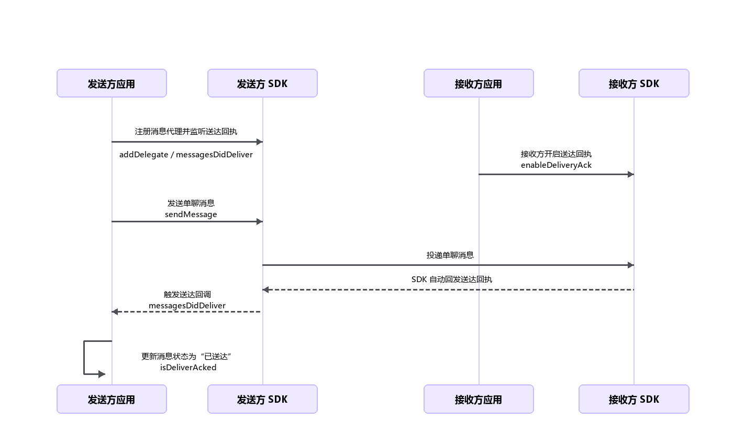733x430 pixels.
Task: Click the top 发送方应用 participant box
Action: click(x=112, y=83)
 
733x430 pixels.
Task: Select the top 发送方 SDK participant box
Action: click(x=262, y=83)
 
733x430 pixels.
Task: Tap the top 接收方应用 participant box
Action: click(x=479, y=83)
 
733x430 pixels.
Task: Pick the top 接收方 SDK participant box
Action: click(x=634, y=83)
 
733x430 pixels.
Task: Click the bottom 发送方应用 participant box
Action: click(x=112, y=399)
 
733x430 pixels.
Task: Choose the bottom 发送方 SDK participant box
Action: click(x=262, y=399)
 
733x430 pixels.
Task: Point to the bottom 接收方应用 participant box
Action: click(x=479, y=399)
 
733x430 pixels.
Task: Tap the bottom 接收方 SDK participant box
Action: click(x=634, y=399)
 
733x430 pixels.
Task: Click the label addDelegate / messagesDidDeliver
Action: click(x=186, y=155)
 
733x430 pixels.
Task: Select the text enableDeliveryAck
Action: click(x=556, y=165)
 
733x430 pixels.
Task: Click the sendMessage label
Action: click(x=191, y=214)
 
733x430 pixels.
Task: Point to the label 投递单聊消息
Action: click(x=450, y=255)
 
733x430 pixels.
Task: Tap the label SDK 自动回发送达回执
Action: click(x=451, y=279)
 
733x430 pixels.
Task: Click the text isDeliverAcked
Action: click(x=188, y=368)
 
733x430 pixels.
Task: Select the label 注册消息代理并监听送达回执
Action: click(x=186, y=132)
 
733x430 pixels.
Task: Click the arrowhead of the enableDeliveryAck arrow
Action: click(x=631, y=174)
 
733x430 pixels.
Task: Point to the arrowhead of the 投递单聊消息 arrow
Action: click(x=631, y=265)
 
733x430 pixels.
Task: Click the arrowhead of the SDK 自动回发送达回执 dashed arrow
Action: click(x=266, y=289)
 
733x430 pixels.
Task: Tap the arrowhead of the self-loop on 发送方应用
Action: click(x=102, y=374)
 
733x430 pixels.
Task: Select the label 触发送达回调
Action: click(x=187, y=294)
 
